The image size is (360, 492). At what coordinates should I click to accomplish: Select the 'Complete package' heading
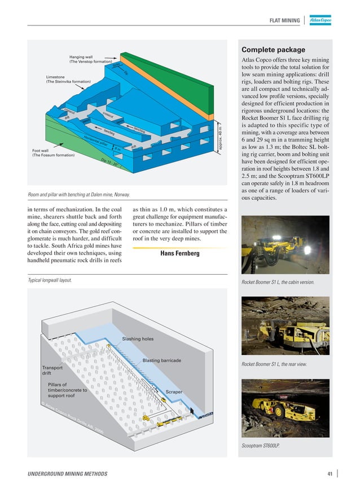(x=273, y=50)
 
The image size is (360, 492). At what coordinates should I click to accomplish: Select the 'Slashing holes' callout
(x=138, y=339)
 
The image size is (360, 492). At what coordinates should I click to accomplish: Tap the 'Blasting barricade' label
(x=161, y=360)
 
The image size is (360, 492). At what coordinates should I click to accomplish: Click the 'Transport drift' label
(x=52, y=371)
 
